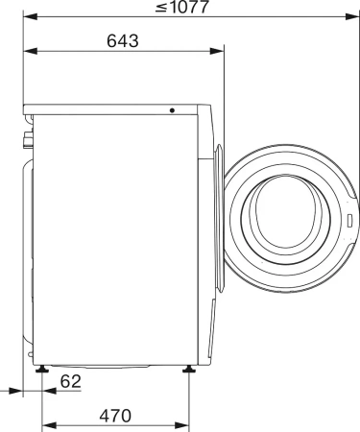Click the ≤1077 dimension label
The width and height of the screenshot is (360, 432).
pos(188,9)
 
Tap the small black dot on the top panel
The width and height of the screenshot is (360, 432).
pos(173,110)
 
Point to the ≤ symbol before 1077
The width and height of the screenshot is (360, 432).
pos(159,9)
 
